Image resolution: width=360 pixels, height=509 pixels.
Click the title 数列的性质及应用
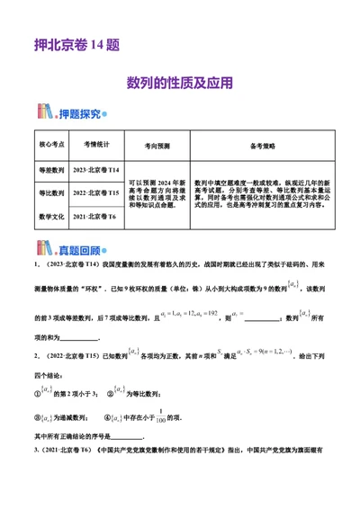tap(180, 82)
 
